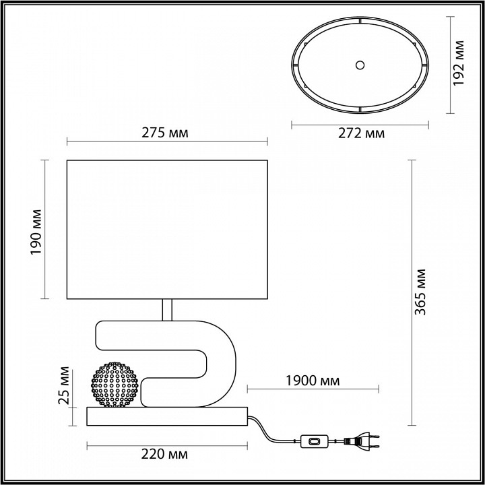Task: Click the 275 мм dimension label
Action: (164, 132)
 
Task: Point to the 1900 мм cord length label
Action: (313, 381)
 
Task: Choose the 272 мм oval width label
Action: (361, 133)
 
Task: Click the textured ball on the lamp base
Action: (115, 384)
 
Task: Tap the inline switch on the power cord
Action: (314, 443)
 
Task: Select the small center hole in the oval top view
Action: (360, 65)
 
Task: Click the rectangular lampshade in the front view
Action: (168, 229)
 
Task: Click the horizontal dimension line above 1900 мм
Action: (313, 389)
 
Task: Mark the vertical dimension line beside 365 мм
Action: (412, 293)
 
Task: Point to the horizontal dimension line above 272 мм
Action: (360, 124)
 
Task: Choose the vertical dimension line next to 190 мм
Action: (45, 229)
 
